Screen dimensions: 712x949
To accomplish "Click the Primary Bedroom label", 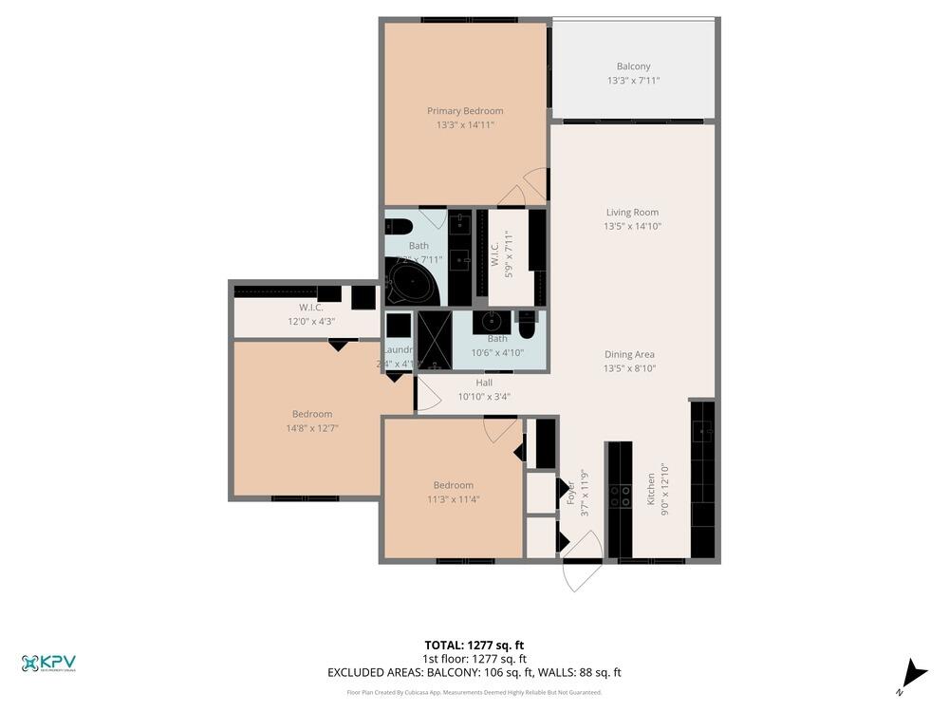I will click(465, 111).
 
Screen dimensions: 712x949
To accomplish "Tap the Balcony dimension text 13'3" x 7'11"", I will click(633, 81).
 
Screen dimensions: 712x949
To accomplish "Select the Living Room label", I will click(632, 213).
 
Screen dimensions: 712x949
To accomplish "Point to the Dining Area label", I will click(630, 355).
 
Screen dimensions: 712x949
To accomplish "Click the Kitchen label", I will click(652, 488).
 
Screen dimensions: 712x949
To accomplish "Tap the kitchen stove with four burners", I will click(620, 495).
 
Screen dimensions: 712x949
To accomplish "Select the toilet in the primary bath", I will click(398, 226).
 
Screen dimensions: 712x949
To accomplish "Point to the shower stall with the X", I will click(435, 340).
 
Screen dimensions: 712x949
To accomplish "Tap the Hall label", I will click(484, 384).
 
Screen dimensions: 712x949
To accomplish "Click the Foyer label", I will click(572, 494).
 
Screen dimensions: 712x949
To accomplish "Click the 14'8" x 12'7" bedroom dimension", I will click(312, 428).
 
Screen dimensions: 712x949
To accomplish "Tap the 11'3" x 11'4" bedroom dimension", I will click(453, 499).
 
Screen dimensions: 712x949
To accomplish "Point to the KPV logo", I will click(48, 664).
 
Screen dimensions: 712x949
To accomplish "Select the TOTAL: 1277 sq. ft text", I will click(474, 645).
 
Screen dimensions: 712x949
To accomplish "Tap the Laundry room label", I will click(398, 349).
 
